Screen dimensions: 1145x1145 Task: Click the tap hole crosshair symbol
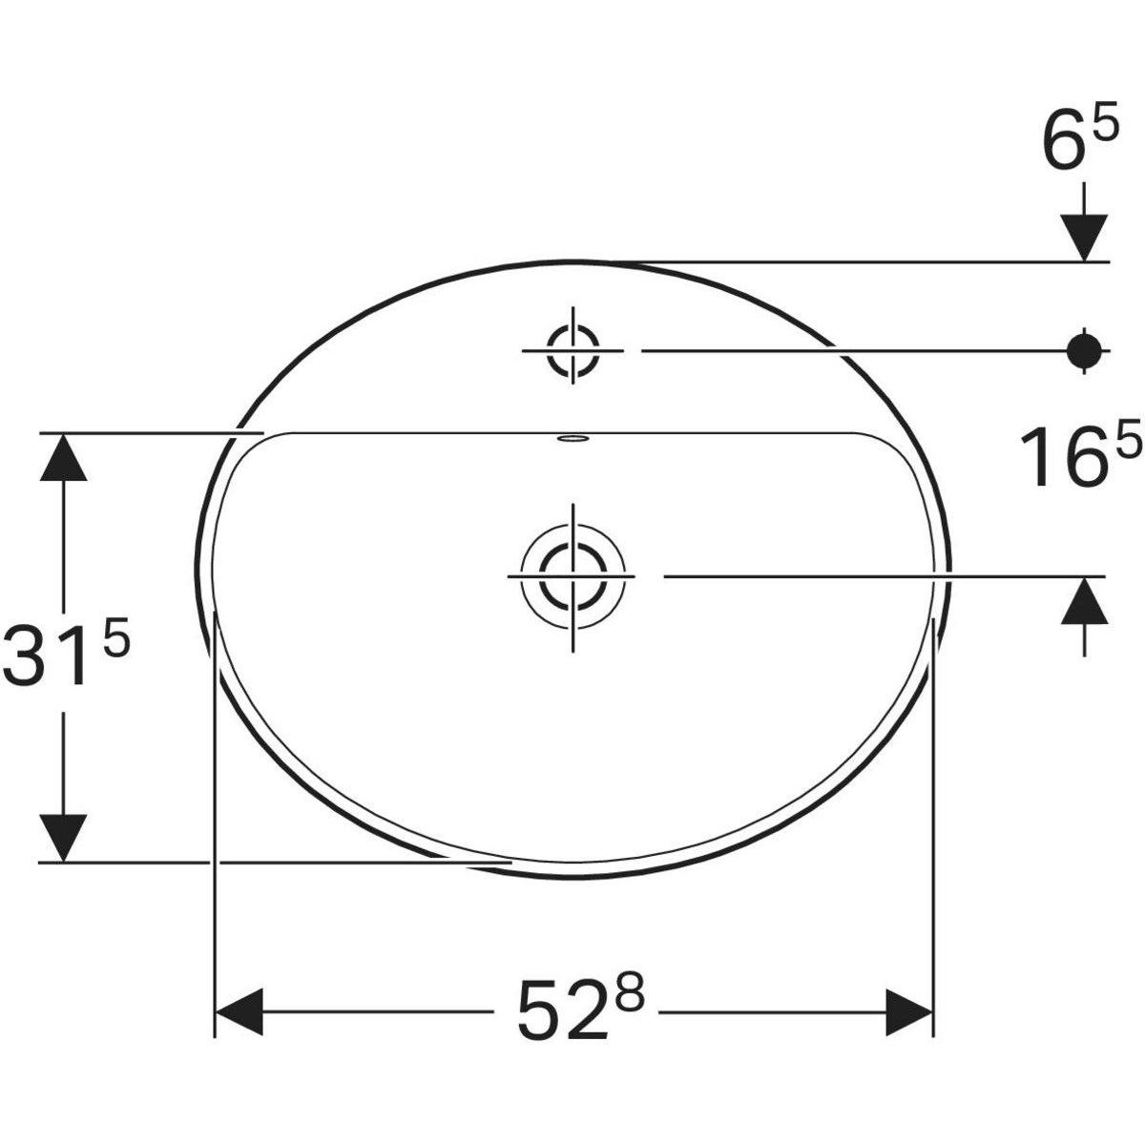(x=572, y=350)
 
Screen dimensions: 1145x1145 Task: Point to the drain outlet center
(x=572, y=576)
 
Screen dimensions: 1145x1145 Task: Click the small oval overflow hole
(x=572, y=440)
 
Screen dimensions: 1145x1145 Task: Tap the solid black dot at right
(x=1084, y=351)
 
